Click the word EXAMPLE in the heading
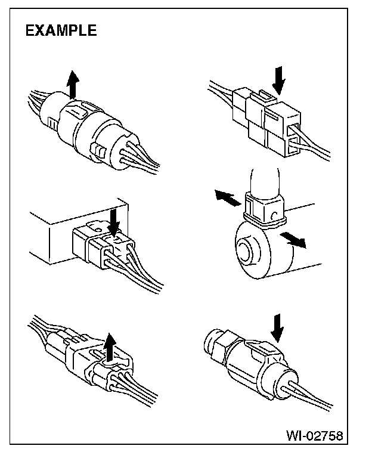point(61,31)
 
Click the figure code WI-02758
point(315,436)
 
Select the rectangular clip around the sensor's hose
point(263,209)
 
